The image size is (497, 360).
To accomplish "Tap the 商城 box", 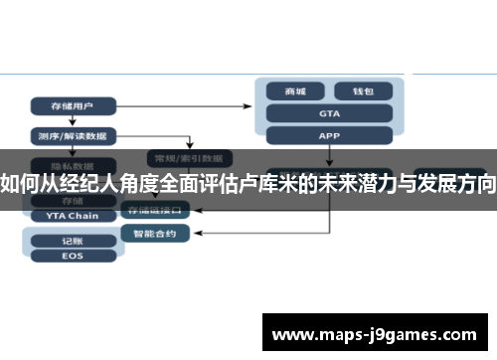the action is click(296, 91).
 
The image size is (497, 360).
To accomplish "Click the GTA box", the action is click(329, 113).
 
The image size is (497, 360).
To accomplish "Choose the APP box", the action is click(329, 135).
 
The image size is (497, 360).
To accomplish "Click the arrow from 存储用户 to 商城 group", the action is click(189, 104).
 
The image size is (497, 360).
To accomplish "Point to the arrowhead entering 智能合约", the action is click(186, 234).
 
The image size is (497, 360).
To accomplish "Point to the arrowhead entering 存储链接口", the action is click(186, 211).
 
